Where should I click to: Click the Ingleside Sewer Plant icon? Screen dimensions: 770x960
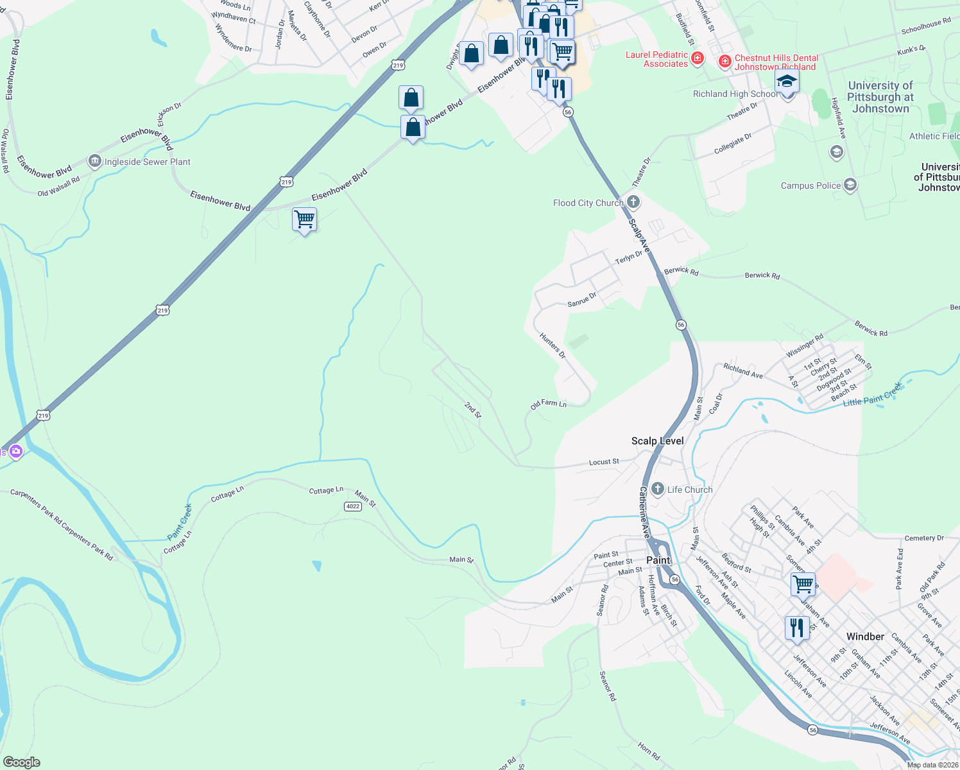pos(95,161)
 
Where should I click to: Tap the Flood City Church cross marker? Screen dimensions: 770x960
pos(633,203)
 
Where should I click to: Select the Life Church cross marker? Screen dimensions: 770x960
pos(657,490)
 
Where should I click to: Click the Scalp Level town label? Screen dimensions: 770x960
pos(657,441)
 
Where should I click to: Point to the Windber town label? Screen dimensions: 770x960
pos(865,637)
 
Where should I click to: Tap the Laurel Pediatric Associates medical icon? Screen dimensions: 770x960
pos(698,59)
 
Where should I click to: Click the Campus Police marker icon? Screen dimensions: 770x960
pos(850,185)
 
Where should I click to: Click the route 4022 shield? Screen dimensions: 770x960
pos(352,506)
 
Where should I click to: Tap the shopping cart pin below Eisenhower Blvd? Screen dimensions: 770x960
pos(304,219)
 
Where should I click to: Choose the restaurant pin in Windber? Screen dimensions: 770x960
pos(796,627)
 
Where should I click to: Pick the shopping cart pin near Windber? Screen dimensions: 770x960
pos(803,585)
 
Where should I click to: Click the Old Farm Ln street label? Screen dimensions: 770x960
pos(549,404)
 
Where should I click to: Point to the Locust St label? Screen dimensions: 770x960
pos(604,462)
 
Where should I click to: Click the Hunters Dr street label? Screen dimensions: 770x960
pos(553,346)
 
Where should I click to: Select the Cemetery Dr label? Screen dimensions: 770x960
pos(924,538)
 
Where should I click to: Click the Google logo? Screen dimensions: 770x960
pos(22,762)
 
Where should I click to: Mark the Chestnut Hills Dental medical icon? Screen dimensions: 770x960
pos(725,62)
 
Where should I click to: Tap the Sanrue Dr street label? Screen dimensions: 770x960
pos(582,299)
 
